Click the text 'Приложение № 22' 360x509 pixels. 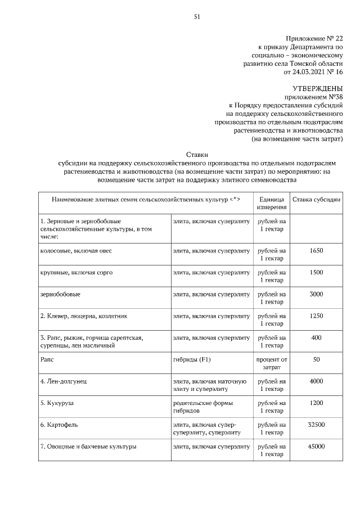click(x=314, y=38)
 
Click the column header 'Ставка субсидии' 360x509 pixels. click(x=317, y=200)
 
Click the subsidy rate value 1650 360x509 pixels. click(x=317, y=251)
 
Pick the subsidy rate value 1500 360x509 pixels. click(x=317, y=272)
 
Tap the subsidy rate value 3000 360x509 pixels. click(x=317, y=294)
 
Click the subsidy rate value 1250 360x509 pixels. click(x=317, y=316)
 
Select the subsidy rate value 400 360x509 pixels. click(x=317, y=337)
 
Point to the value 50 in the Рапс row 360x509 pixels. click(x=317, y=359)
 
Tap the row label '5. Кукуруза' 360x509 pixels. click(x=57, y=403)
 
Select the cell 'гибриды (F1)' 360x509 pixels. click(x=191, y=359)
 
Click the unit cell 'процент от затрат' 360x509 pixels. click(x=272, y=363)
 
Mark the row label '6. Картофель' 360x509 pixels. click(x=58, y=425)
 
